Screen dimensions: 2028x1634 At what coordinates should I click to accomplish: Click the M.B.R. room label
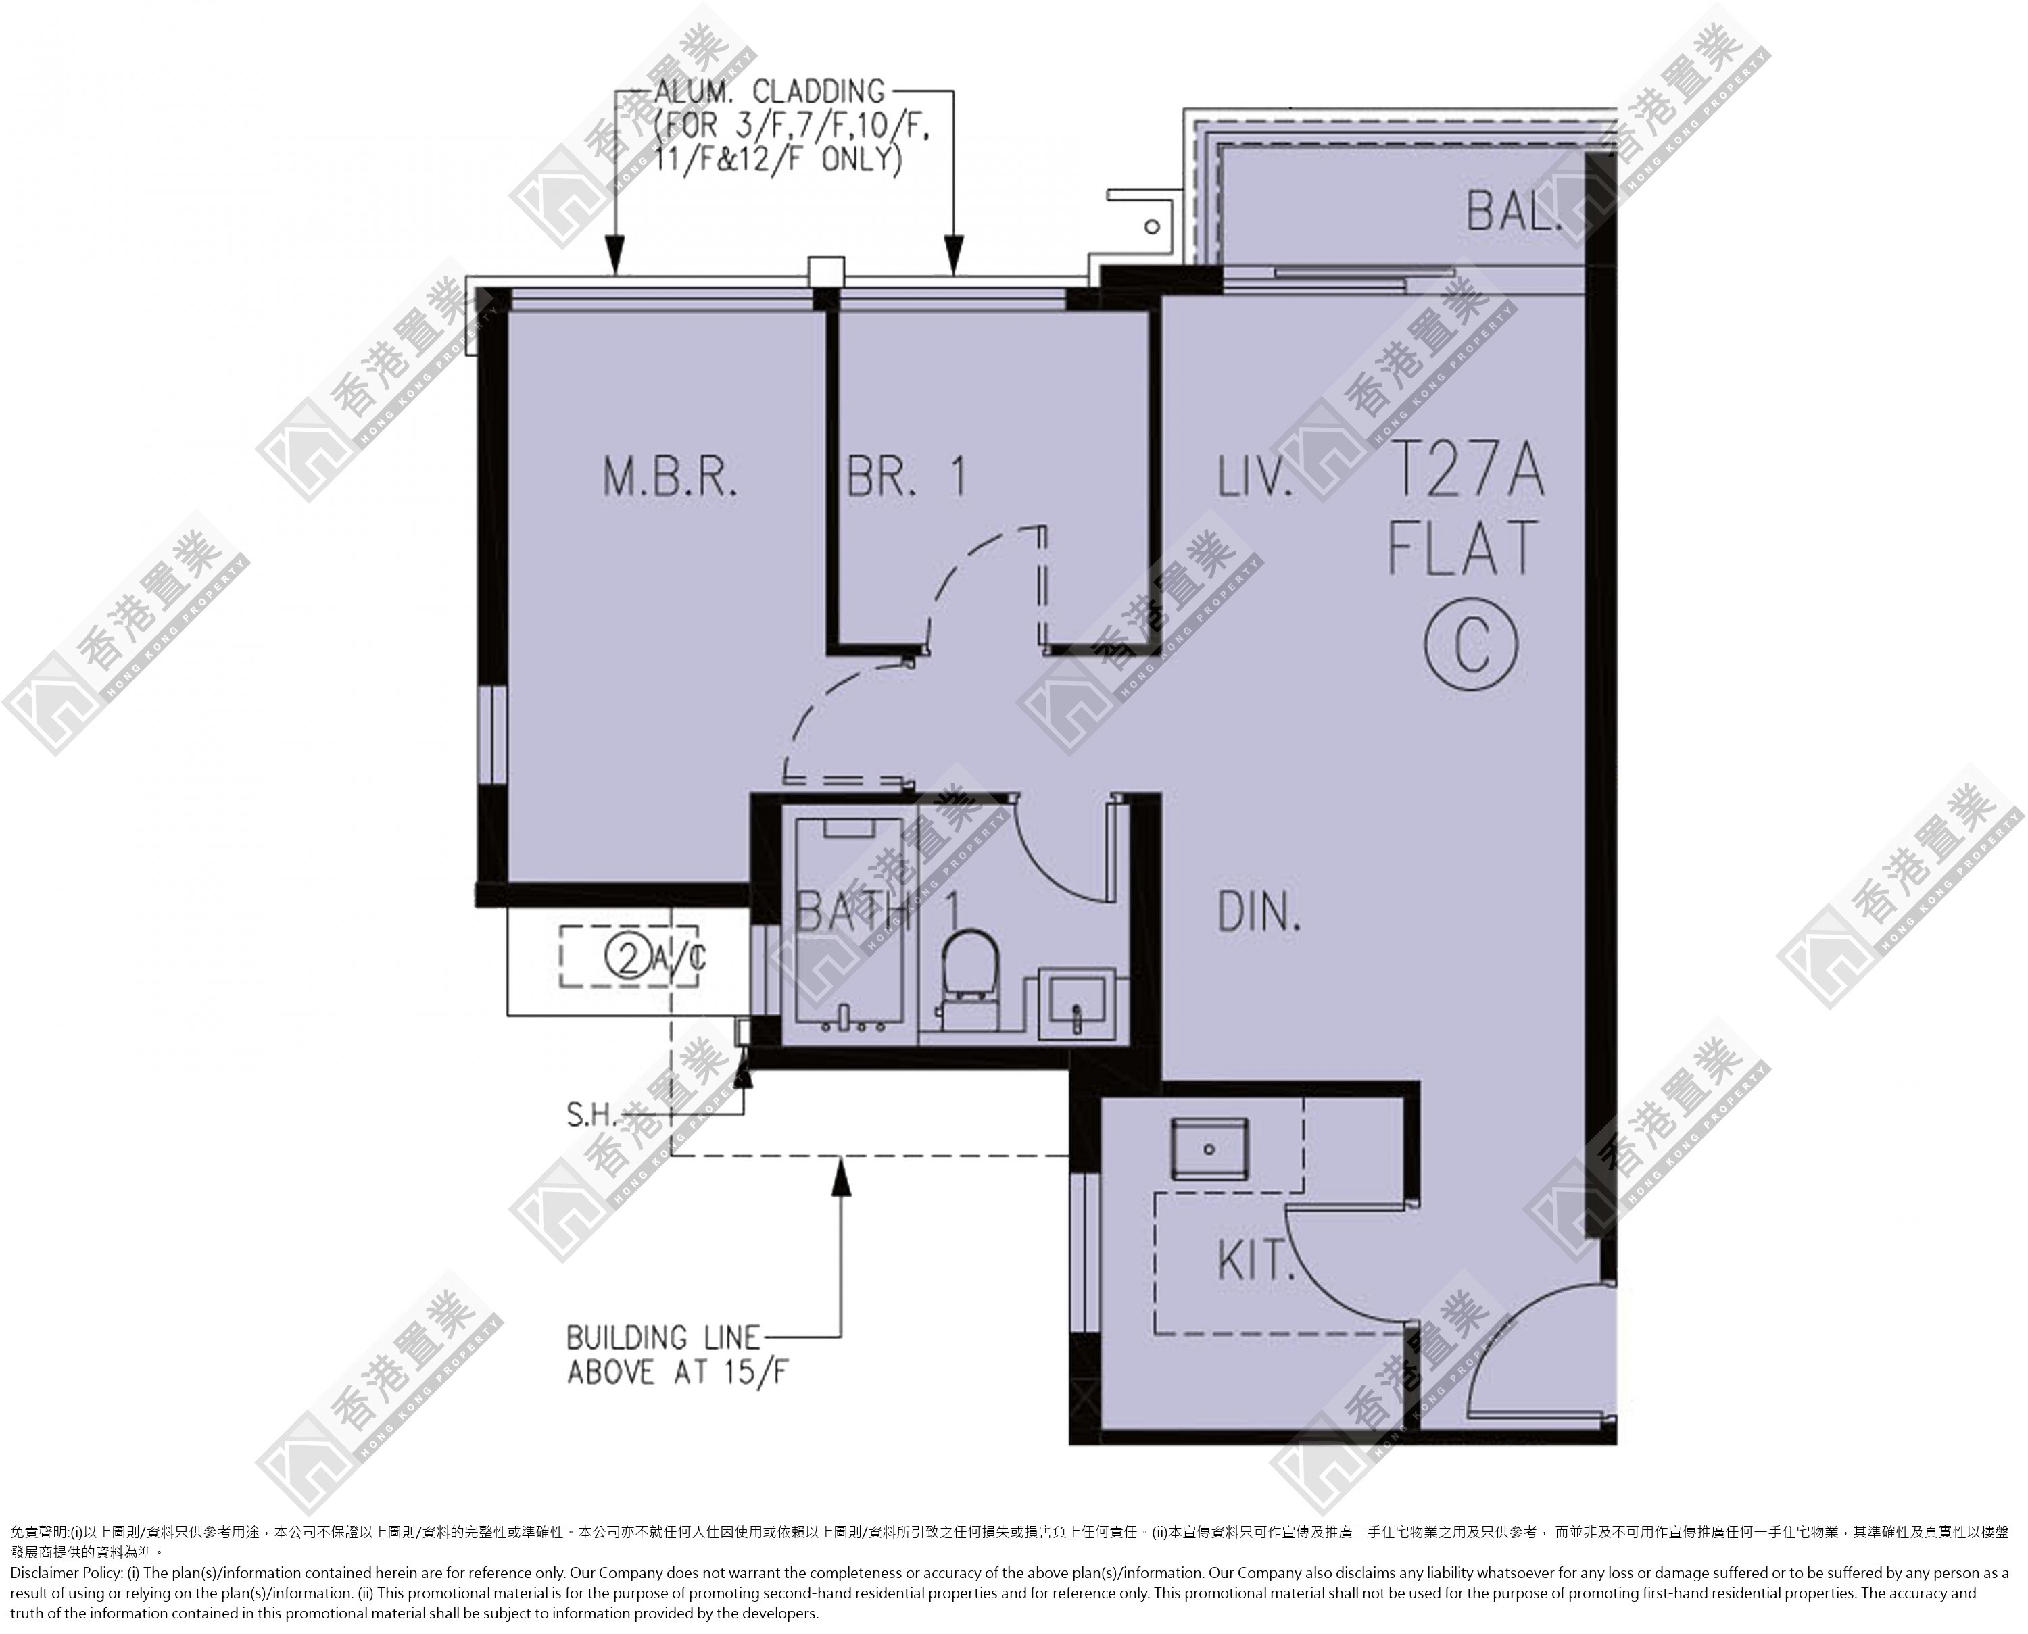pyautogui.click(x=671, y=477)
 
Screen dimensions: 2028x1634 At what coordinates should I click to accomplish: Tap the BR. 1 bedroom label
pyautogui.click(x=907, y=477)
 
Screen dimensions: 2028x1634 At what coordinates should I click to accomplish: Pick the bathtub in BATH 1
pyautogui.click(x=850, y=925)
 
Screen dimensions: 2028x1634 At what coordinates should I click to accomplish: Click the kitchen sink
pyautogui.click(x=1210, y=1148)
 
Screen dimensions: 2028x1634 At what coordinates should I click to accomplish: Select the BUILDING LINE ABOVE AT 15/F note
pyautogui.click(x=676, y=1354)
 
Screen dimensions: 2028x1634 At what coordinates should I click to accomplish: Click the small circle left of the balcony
pyautogui.click(x=1151, y=227)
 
